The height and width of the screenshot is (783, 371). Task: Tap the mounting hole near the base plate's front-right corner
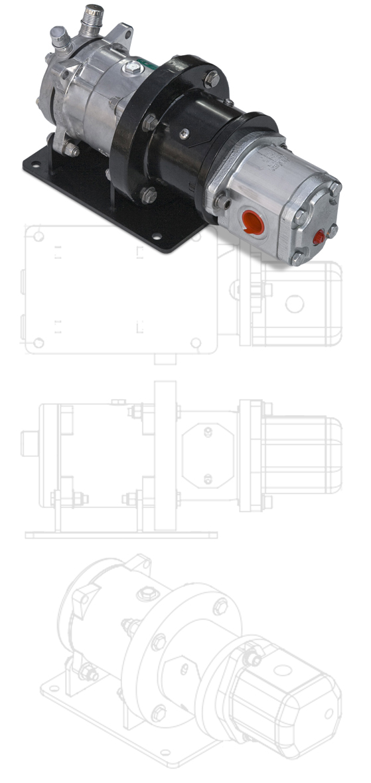coord(157,235)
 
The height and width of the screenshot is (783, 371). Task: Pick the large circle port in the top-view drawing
coord(294,303)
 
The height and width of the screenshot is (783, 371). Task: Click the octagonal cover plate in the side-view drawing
coord(208,456)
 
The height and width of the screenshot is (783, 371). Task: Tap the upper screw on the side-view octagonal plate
coord(208,433)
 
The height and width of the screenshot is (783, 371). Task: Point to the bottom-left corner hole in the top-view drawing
coord(39,343)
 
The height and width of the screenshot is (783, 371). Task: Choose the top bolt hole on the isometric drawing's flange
coord(218,606)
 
